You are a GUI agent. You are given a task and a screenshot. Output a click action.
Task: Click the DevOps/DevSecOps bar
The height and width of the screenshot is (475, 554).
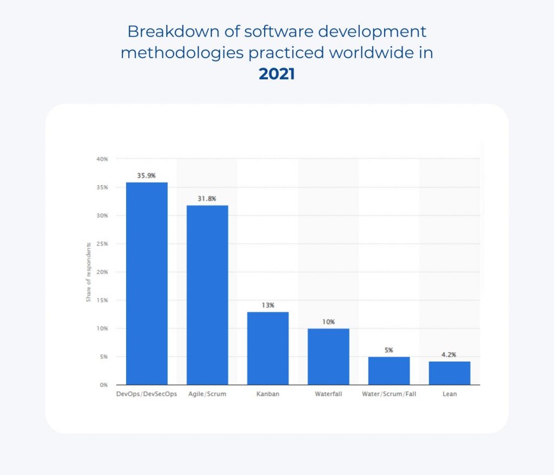point(147,284)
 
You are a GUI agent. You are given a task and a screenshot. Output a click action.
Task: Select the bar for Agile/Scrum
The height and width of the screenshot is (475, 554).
point(207,295)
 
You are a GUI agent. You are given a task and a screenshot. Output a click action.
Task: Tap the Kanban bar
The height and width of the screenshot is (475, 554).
point(268,348)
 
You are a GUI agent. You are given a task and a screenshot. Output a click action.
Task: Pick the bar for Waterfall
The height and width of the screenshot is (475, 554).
point(328,357)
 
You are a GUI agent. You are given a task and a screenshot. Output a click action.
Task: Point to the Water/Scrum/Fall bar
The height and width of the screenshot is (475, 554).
point(389,371)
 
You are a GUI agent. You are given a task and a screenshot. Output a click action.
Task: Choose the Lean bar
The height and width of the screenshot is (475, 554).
point(450,373)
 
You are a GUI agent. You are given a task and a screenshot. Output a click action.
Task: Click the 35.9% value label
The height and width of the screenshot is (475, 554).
point(147,176)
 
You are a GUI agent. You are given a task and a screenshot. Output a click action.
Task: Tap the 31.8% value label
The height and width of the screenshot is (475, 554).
point(207,199)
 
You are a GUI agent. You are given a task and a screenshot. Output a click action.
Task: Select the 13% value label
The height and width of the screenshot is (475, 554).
point(268,305)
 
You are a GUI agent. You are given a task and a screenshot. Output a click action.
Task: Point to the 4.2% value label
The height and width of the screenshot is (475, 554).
point(450,355)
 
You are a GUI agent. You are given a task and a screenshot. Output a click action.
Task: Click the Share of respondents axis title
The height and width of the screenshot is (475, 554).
point(89,272)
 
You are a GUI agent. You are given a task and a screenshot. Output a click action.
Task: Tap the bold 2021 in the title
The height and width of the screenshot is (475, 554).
point(276,74)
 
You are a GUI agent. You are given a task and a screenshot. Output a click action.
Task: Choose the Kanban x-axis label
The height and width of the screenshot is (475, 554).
point(268,394)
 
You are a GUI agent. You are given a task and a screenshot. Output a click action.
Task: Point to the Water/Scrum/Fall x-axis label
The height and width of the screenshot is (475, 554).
point(389,394)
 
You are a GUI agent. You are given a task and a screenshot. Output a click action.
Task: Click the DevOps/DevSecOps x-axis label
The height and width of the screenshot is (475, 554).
point(147,394)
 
